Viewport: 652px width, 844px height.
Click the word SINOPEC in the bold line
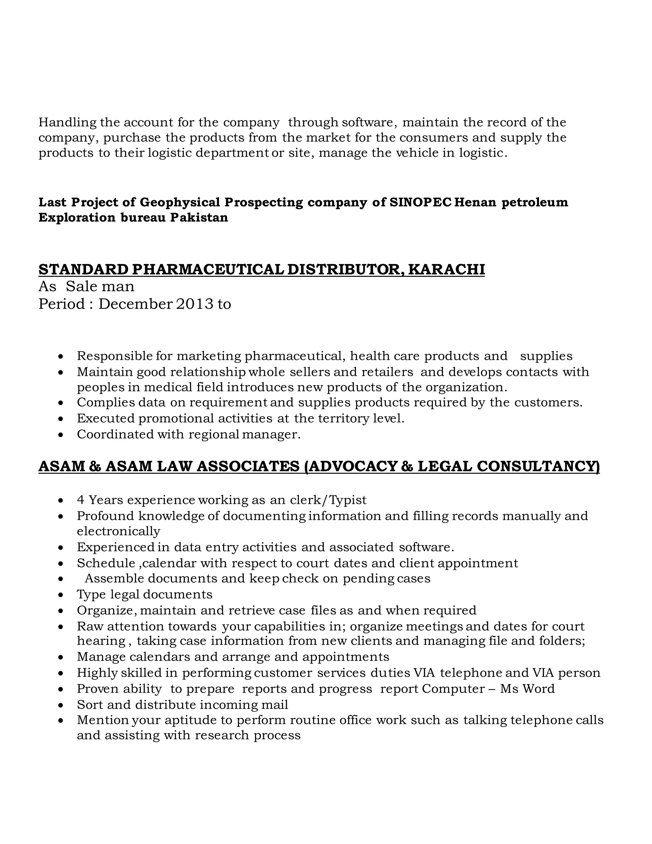tap(420, 202)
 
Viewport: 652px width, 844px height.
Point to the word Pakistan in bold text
tap(199, 218)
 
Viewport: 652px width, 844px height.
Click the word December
tap(135, 304)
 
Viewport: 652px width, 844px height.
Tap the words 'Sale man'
tap(100, 287)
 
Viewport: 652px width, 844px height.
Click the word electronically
tap(118, 531)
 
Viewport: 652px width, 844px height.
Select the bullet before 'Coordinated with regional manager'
tap(60, 435)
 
